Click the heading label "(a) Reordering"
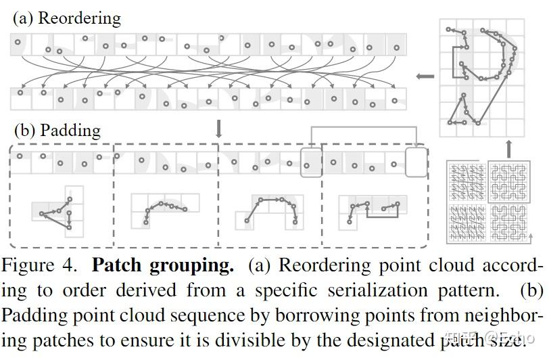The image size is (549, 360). pos(67,18)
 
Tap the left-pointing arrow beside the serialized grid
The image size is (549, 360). pos(425,76)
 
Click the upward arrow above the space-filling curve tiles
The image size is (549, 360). pos(508,148)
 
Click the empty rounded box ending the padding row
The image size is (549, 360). pos(416,163)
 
